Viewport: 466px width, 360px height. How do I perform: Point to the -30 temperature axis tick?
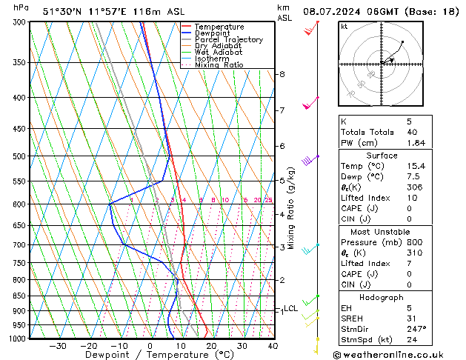[58, 346]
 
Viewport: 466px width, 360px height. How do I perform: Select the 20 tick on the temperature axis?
[211, 346]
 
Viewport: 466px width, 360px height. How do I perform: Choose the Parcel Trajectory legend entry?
[228, 40]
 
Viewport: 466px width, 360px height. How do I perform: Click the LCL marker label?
[290, 308]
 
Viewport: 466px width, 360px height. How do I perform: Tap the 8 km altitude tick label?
[282, 74]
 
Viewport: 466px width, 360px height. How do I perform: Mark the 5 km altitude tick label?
[282, 180]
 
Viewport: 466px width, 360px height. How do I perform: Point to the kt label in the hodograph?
[344, 26]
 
